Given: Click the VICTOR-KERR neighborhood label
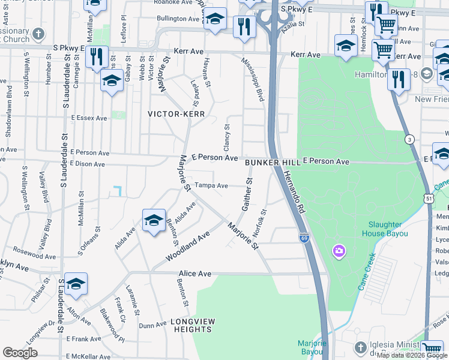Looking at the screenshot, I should pos(177,113).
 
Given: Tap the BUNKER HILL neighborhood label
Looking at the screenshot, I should pos(273,162).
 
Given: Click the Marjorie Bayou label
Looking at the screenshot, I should pos(312,347).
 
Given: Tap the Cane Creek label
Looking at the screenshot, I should pos(367,272).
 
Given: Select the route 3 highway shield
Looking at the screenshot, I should pos(409,139).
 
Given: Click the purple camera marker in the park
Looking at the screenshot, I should pos(339,250).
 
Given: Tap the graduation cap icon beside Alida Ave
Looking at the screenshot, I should pos(154,221).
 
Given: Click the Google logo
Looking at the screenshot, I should pos(20,353).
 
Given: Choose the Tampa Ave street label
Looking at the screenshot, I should pos(211,185).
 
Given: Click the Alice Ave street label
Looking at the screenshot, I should pos(194,274).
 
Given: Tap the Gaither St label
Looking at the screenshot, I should pos(247,194).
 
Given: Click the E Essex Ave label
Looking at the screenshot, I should pos(89,118).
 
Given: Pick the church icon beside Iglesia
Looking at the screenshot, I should pos(360,347).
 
